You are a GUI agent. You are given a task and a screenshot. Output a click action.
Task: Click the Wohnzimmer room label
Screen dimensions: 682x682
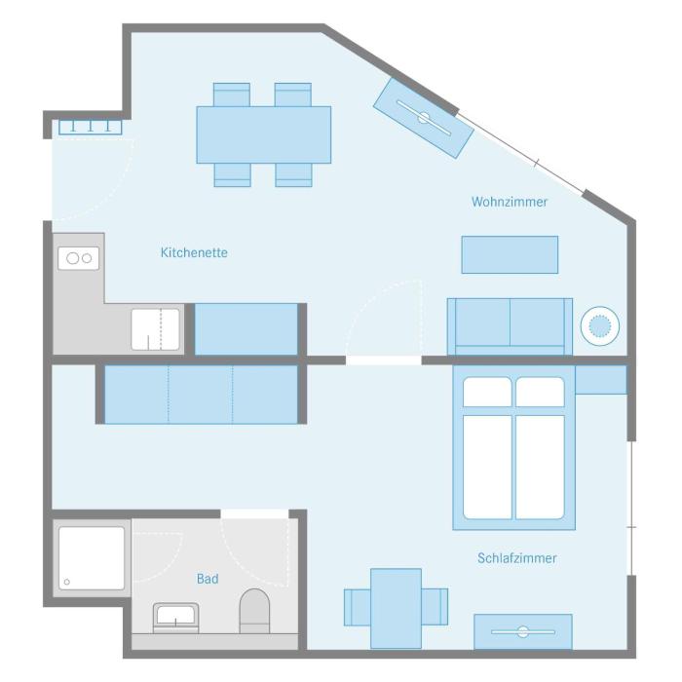tap(510, 202)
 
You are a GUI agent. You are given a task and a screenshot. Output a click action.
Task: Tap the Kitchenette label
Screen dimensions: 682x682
tap(194, 252)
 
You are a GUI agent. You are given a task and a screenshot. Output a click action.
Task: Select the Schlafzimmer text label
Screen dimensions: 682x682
tap(517, 558)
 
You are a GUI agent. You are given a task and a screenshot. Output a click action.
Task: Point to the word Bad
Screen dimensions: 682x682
tap(208, 579)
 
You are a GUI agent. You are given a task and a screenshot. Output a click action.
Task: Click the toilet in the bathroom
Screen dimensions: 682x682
tap(254, 611)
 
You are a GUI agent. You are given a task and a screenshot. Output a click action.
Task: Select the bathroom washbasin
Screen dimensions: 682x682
tap(175, 618)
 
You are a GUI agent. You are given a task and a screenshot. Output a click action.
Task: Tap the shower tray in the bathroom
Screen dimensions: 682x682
tap(92, 558)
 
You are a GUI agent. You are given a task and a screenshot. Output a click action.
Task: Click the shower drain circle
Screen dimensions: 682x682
tap(67, 582)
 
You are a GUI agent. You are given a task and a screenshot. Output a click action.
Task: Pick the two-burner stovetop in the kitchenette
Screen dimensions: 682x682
tap(79, 258)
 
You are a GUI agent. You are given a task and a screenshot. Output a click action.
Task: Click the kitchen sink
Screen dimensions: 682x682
tap(155, 329)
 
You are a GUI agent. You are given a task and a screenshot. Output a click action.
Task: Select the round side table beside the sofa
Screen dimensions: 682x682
tap(600, 326)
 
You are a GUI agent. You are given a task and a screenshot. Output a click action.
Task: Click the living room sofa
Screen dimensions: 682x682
tap(510, 326)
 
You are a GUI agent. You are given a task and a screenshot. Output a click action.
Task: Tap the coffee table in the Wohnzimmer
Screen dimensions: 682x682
tap(510, 255)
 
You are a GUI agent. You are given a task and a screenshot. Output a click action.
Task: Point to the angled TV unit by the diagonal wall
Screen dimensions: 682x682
tap(424, 118)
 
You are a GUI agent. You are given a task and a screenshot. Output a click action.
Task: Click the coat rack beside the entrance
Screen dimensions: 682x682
tap(91, 127)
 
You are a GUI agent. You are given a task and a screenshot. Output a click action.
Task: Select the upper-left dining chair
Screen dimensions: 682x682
tap(232, 95)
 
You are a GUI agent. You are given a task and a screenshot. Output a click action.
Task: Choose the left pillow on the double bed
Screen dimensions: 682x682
tap(487, 392)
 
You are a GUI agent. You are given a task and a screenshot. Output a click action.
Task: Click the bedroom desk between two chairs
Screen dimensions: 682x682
tap(396, 608)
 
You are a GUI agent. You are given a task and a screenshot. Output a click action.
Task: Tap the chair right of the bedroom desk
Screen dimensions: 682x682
tap(435, 607)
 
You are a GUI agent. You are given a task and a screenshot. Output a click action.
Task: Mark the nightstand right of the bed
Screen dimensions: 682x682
tap(601, 380)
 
